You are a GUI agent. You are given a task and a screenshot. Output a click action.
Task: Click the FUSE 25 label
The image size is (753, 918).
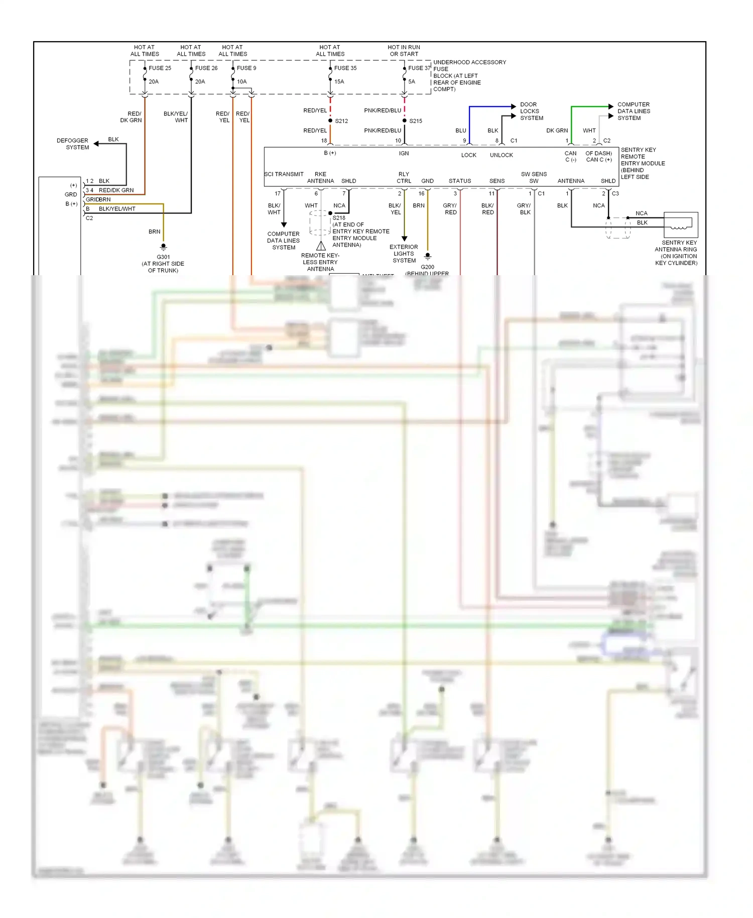coord(160,68)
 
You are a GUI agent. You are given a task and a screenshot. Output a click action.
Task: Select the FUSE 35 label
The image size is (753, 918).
coord(345,68)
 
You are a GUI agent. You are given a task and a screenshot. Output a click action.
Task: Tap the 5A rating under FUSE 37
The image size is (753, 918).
coord(412,81)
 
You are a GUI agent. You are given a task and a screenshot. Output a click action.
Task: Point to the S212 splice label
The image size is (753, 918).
coord(341,121)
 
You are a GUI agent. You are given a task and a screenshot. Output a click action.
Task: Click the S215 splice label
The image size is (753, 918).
coord(416,121)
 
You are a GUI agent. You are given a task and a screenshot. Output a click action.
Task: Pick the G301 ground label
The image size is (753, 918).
coord(163,257)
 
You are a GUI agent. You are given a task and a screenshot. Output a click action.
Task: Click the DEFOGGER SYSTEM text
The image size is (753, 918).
coord(73,144)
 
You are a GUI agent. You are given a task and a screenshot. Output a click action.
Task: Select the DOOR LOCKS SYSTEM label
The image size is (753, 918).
coord(531,111)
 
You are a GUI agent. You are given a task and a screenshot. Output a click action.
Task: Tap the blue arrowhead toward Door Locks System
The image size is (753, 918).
coord(513,106)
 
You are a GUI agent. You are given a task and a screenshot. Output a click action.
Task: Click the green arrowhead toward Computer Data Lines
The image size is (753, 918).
coord(610,106)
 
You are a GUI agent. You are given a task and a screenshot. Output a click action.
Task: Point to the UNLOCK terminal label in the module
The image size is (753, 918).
coord(501,155)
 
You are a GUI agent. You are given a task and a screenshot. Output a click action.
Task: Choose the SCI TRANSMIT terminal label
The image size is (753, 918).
coord(284,174)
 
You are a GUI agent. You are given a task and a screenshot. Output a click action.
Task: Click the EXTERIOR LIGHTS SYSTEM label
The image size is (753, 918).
coord(404,254)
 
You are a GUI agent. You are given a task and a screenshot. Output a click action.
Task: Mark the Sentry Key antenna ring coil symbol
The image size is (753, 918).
coord(679,227)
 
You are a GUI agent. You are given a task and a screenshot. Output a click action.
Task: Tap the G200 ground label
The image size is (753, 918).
coord(428,267)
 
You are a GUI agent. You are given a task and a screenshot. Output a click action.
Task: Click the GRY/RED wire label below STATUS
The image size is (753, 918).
coord(450,209)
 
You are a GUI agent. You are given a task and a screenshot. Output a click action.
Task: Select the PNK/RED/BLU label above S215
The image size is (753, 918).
coord(383,110)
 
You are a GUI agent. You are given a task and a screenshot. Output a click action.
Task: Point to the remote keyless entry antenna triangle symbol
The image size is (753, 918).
coord(321,246)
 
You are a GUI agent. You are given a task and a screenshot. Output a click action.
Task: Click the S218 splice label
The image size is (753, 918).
coord(339,218)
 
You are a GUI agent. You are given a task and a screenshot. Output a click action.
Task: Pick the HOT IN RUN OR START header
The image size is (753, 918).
coord(404,51)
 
